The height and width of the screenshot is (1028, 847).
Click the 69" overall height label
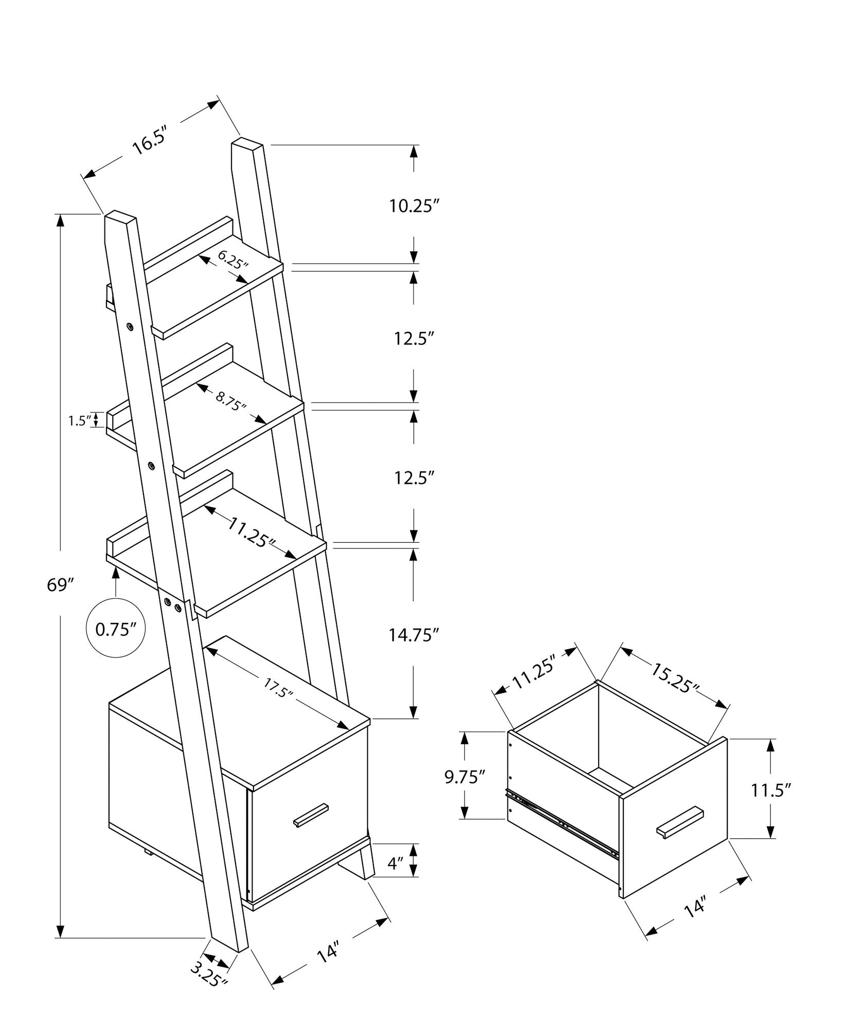coord(61,584)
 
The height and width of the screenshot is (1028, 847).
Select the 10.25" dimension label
coord(414,206)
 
